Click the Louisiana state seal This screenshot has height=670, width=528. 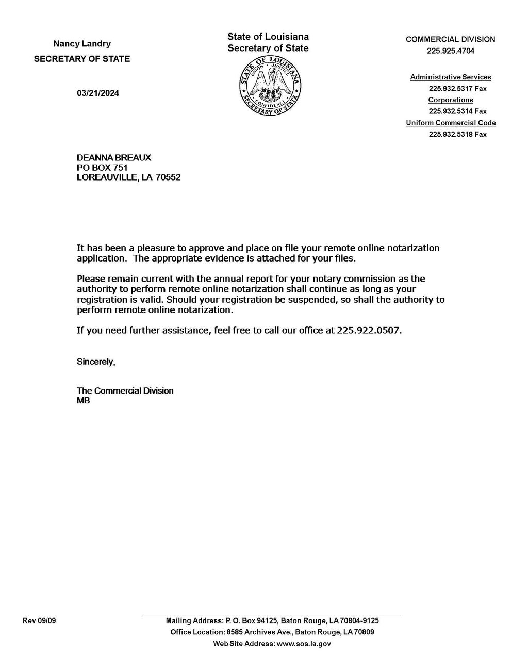point(270,86)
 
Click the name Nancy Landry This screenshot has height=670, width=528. point(82,44)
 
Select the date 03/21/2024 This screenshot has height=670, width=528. point(98,93)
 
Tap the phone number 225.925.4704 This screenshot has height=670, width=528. point(451,51)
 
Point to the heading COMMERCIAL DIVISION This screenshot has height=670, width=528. point(451,39)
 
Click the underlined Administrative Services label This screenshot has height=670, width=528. point(451,77)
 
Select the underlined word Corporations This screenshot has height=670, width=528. point(451,100)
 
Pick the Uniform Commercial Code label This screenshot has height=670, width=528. point(451,123)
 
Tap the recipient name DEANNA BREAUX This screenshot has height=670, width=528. point(114,158)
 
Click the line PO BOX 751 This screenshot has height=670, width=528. point(102,168)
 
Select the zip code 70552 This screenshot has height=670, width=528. point(169,177)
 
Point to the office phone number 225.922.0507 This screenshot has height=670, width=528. point(368,331)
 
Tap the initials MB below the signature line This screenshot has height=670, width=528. point(83,400)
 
